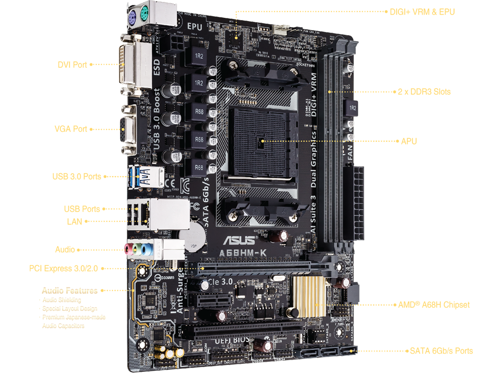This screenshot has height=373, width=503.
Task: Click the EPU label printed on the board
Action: coord(194,27)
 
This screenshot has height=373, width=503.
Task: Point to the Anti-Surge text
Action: coord(180,289)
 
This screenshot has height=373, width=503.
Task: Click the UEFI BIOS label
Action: coord(232,340)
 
